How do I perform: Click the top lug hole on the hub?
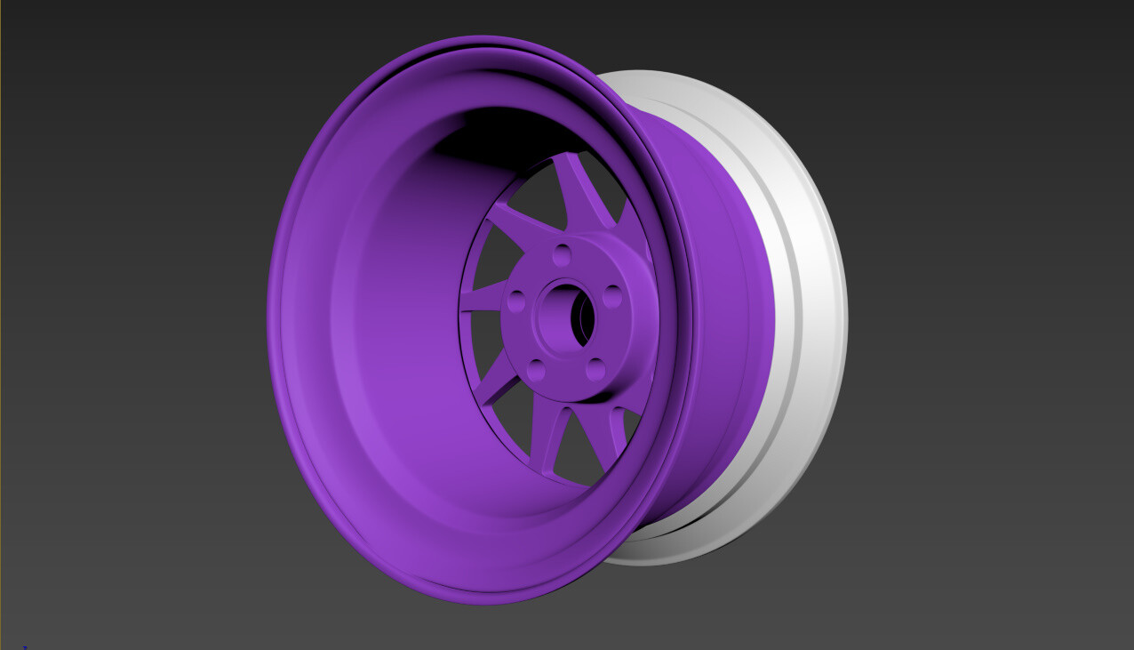coord(561,256)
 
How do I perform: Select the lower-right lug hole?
coord(595,369)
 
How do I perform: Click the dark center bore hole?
coord(583,318)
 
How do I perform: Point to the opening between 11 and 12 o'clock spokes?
coord(538,191)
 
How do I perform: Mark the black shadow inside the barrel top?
coord(498,133)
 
